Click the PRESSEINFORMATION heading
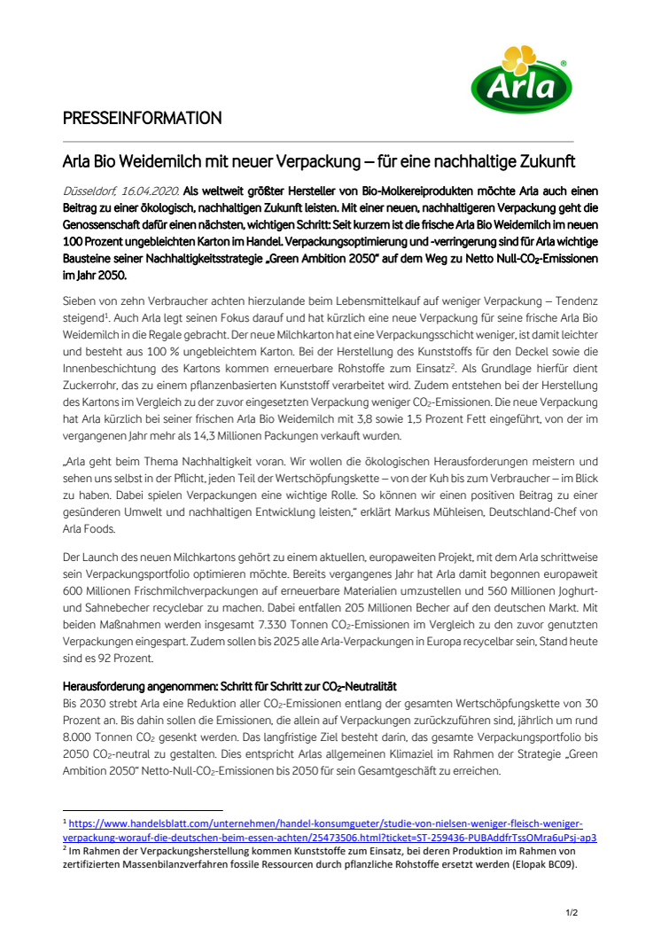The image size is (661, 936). (x=142, y=118)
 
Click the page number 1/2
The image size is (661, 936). (x=572, y=911)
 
